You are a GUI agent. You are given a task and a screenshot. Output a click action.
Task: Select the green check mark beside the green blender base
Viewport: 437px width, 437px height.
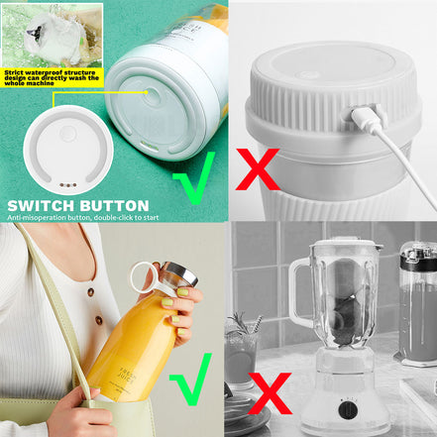tap(192, 183)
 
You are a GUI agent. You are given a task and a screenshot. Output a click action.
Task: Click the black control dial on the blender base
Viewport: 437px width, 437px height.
tap(347, 406)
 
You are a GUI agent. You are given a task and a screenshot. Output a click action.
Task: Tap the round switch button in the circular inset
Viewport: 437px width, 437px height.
tap(67, 133)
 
